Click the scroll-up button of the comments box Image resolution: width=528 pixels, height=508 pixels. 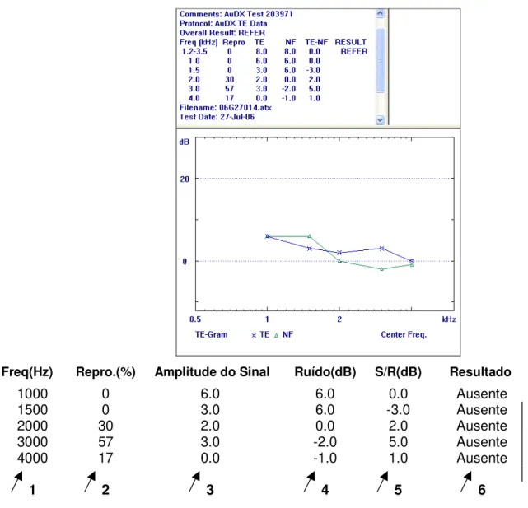pyautogui.click(x=381, y=13)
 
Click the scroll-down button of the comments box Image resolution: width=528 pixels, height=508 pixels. pyautogui.click(x=381, y=119)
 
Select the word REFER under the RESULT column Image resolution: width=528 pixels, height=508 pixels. pyautogui.click(x=354, y=52)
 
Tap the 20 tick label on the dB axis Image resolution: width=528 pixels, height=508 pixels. pyautogui.click(x=185, y=179)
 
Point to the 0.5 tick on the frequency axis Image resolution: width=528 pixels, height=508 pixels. pyautogui.click(x=195, y=319)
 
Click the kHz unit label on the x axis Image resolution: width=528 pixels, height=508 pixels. pyautogui.click(x=449, y=319)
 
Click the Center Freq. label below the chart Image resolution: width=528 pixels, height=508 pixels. pyautogui.click(x=404, y=334)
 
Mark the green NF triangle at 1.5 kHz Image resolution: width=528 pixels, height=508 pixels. pyautogui.click(x=310, y=236)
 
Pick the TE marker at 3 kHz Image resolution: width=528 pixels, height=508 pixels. pyautogui.click(x=381, y=249)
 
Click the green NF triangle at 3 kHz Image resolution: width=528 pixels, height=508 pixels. pyautogui.click(x=382, y=269)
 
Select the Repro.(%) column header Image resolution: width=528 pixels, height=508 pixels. pyautogui.click(x=105, y=372)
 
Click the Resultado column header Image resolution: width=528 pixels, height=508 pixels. pyautogui.click(x=480, y=371)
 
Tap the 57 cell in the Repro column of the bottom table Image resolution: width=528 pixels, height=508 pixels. pyautogui.click(x=105, y=441)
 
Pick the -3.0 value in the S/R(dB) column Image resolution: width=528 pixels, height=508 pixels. pyautogui.click(x=398, y=410)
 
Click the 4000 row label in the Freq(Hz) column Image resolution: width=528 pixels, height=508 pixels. pyautogui.click(x=32, y=458)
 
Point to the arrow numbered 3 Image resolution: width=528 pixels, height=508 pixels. pyautogui.click(x=194, y=482)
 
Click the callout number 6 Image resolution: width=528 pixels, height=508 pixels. pyautogui.click(x=482, y=490)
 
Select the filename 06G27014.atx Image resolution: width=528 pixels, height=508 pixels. pyautogui.click(x=245, y=108)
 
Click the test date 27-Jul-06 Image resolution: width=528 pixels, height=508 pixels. pyautogui.click(x=237, y=117)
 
